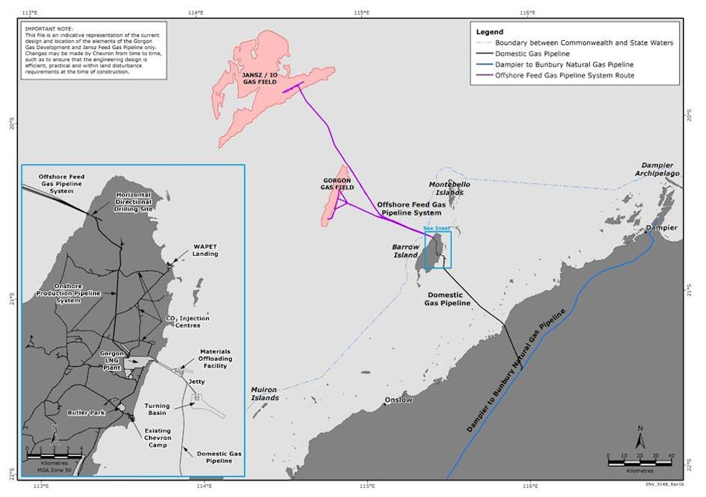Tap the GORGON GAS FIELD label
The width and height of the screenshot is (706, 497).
pyautogui.click(x=337, y=184)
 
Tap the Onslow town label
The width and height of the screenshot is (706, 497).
pyautogui.click(x=398, y=400)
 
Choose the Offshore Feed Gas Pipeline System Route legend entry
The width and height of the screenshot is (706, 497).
pyautogui.click(x=570, y=75)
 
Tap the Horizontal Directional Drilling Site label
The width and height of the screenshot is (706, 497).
pyautogui.click(x=135, y=202)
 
